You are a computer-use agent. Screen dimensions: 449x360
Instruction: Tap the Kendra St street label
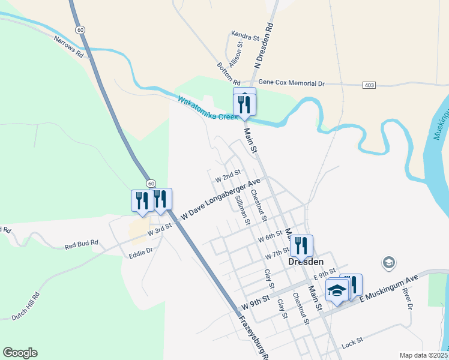(245, 37)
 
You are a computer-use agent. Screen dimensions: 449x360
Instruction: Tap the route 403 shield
(369, 85)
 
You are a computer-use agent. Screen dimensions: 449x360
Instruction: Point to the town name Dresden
(306, 262)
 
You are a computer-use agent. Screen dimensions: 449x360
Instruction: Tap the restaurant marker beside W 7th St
(301, 245)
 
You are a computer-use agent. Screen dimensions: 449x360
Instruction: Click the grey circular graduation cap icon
(388, 263)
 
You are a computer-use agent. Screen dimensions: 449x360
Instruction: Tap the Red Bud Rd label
(81, 245)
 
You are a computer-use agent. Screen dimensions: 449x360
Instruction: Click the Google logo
(20, 353)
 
